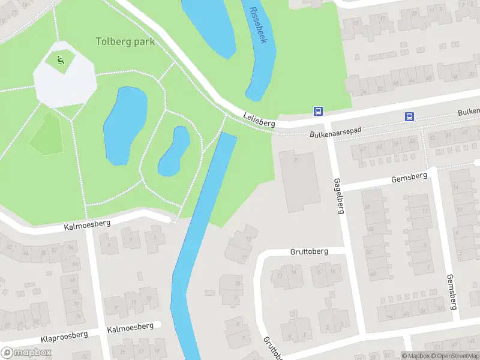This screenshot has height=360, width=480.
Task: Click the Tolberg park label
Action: [125, 42]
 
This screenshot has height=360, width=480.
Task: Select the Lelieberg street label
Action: [259, 119]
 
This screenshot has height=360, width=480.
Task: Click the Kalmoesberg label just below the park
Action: [88, 226]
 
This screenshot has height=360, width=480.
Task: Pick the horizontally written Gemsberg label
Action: [409, 177]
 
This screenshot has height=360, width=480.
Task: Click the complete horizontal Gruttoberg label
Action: [309, 251]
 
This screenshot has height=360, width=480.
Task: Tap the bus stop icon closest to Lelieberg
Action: [318, 111]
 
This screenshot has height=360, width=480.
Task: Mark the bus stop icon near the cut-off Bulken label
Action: [409, 117]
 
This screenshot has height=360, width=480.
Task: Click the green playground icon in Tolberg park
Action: [60, 59]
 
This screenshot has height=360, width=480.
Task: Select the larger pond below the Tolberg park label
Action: [125, 125]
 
